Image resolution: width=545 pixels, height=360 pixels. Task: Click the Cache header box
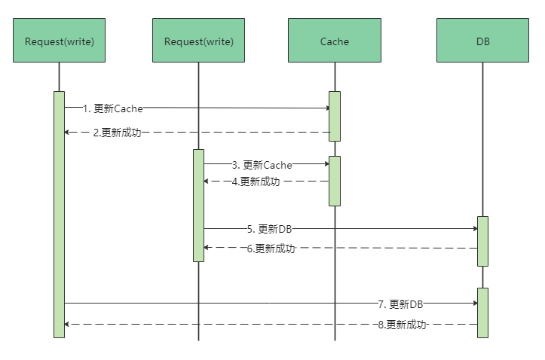click(x=334, y=41)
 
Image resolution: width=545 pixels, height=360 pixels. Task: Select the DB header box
click(x=483, y=41)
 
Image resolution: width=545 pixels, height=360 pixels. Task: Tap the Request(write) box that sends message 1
click(x=59, y=41)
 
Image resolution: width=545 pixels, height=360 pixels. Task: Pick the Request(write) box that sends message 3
click(x=198, y=41)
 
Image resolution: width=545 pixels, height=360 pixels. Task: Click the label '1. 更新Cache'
click(x=113, y=108)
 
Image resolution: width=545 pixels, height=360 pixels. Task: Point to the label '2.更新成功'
click(x=117, y=133)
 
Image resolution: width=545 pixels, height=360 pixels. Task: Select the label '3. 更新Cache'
click(x=262, y=164)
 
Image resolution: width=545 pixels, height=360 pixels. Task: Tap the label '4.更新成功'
click(x=256, y=182)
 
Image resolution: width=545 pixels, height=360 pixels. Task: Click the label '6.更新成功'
click(x=271, y=249)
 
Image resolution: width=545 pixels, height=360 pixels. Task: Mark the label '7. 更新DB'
click(x=400, y=304)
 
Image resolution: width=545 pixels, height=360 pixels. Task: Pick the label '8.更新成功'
click(x=402, y=325)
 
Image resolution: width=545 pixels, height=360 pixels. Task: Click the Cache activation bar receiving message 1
click(x=334, y=116)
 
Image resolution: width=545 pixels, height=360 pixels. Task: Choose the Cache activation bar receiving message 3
click(x=334, y=181)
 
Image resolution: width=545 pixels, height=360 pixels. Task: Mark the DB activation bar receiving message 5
click(x=482, y=241)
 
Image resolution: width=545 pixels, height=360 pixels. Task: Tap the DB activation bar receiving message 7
click(x=482, y=313)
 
